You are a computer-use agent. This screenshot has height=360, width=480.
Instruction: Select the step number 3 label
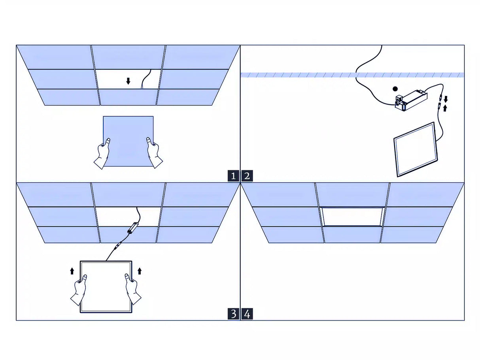233,314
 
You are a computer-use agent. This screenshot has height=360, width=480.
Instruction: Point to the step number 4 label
247,314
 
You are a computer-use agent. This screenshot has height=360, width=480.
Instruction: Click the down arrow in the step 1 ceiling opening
128,81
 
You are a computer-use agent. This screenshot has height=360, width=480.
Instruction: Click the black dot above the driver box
395,89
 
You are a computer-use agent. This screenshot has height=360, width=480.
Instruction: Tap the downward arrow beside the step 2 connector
446,99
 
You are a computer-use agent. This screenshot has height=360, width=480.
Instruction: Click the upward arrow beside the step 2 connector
445,107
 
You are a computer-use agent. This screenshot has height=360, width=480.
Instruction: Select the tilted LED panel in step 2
415,149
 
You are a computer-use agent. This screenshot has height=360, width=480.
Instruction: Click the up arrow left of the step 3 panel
72,271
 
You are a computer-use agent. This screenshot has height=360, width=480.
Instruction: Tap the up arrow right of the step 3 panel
139,271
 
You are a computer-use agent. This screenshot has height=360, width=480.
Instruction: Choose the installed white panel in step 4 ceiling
352,217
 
